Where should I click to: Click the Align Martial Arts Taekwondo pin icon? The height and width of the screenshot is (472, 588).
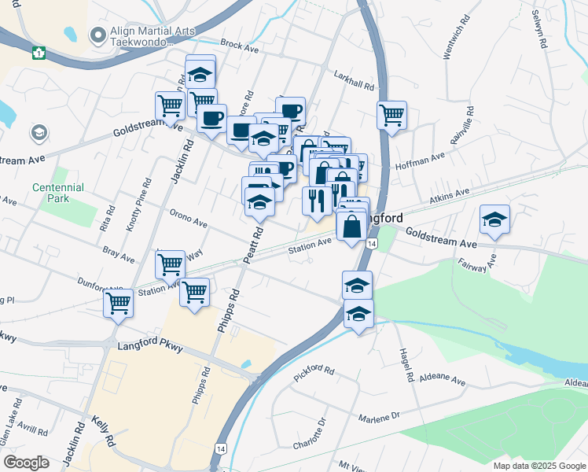(98, 35)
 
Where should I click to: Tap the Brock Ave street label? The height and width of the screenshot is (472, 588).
(240, 46)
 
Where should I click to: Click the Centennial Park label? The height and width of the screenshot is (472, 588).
(57, 193)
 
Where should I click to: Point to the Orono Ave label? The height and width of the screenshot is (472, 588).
(188, 219)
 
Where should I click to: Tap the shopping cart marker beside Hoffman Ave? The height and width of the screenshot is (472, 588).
(391, 116)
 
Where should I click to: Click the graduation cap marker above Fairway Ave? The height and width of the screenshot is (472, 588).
(494, 219)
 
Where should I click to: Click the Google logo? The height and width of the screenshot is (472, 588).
(27, 462)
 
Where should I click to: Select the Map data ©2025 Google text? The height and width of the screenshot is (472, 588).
(538, 466)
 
